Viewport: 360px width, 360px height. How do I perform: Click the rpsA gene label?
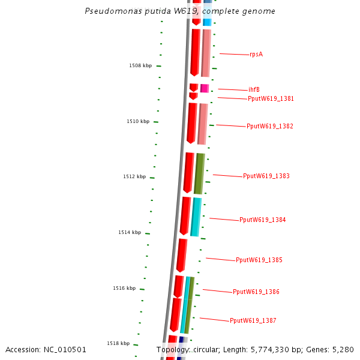[x=256, y=55]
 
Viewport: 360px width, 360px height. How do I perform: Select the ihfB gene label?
[x=254, y=90]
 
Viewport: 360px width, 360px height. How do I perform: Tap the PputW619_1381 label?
[x=271, y=98]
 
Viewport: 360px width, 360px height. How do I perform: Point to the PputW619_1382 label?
[x=269, y=127]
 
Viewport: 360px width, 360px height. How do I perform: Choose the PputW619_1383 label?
[x=266, y=176]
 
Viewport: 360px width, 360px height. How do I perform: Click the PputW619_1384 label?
[x=262, y=220]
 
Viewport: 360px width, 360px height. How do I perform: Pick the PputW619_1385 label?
[x=259, y=260]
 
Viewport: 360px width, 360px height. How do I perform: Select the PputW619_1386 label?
[x=256, y=292]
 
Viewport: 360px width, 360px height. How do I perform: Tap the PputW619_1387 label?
[x=253, y=321]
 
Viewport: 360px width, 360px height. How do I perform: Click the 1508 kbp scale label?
[x=140, y=66]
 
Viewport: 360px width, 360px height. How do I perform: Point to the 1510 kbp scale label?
[x=137, y=122]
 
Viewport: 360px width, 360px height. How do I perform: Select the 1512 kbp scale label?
[x=134, y=177]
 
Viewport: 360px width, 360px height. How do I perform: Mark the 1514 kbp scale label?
[x=130, y=233]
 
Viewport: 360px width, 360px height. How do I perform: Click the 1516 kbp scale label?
[x=124, y=289]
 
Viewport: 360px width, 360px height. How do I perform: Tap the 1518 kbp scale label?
[x=118, y=344]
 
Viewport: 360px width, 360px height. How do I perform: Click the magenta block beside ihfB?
[x=204, y=88]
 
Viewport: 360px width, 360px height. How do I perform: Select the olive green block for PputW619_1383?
[x=199, y=173]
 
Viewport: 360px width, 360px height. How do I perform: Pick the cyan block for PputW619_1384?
[x=196, y=217]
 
